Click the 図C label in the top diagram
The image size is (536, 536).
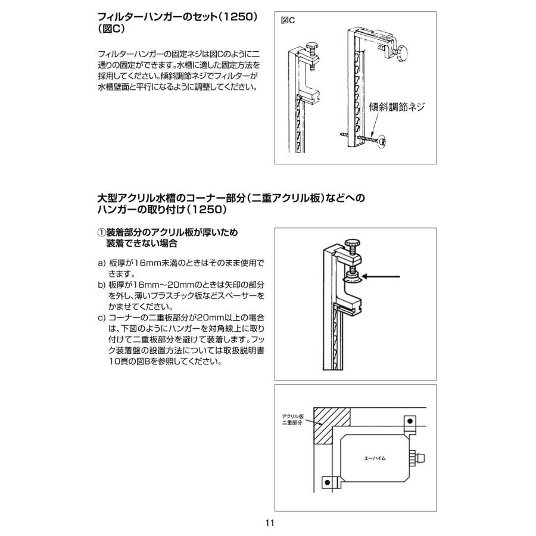tap(288, 20)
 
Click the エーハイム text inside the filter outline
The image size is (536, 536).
tap(375, 459)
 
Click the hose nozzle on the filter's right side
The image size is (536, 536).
tap(418, 459)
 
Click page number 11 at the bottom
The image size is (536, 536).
tap(269, 523)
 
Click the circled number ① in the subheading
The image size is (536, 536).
tap(101, 232)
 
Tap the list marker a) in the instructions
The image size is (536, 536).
tap(101, 263)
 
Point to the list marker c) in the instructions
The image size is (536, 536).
tap(101, 318)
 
